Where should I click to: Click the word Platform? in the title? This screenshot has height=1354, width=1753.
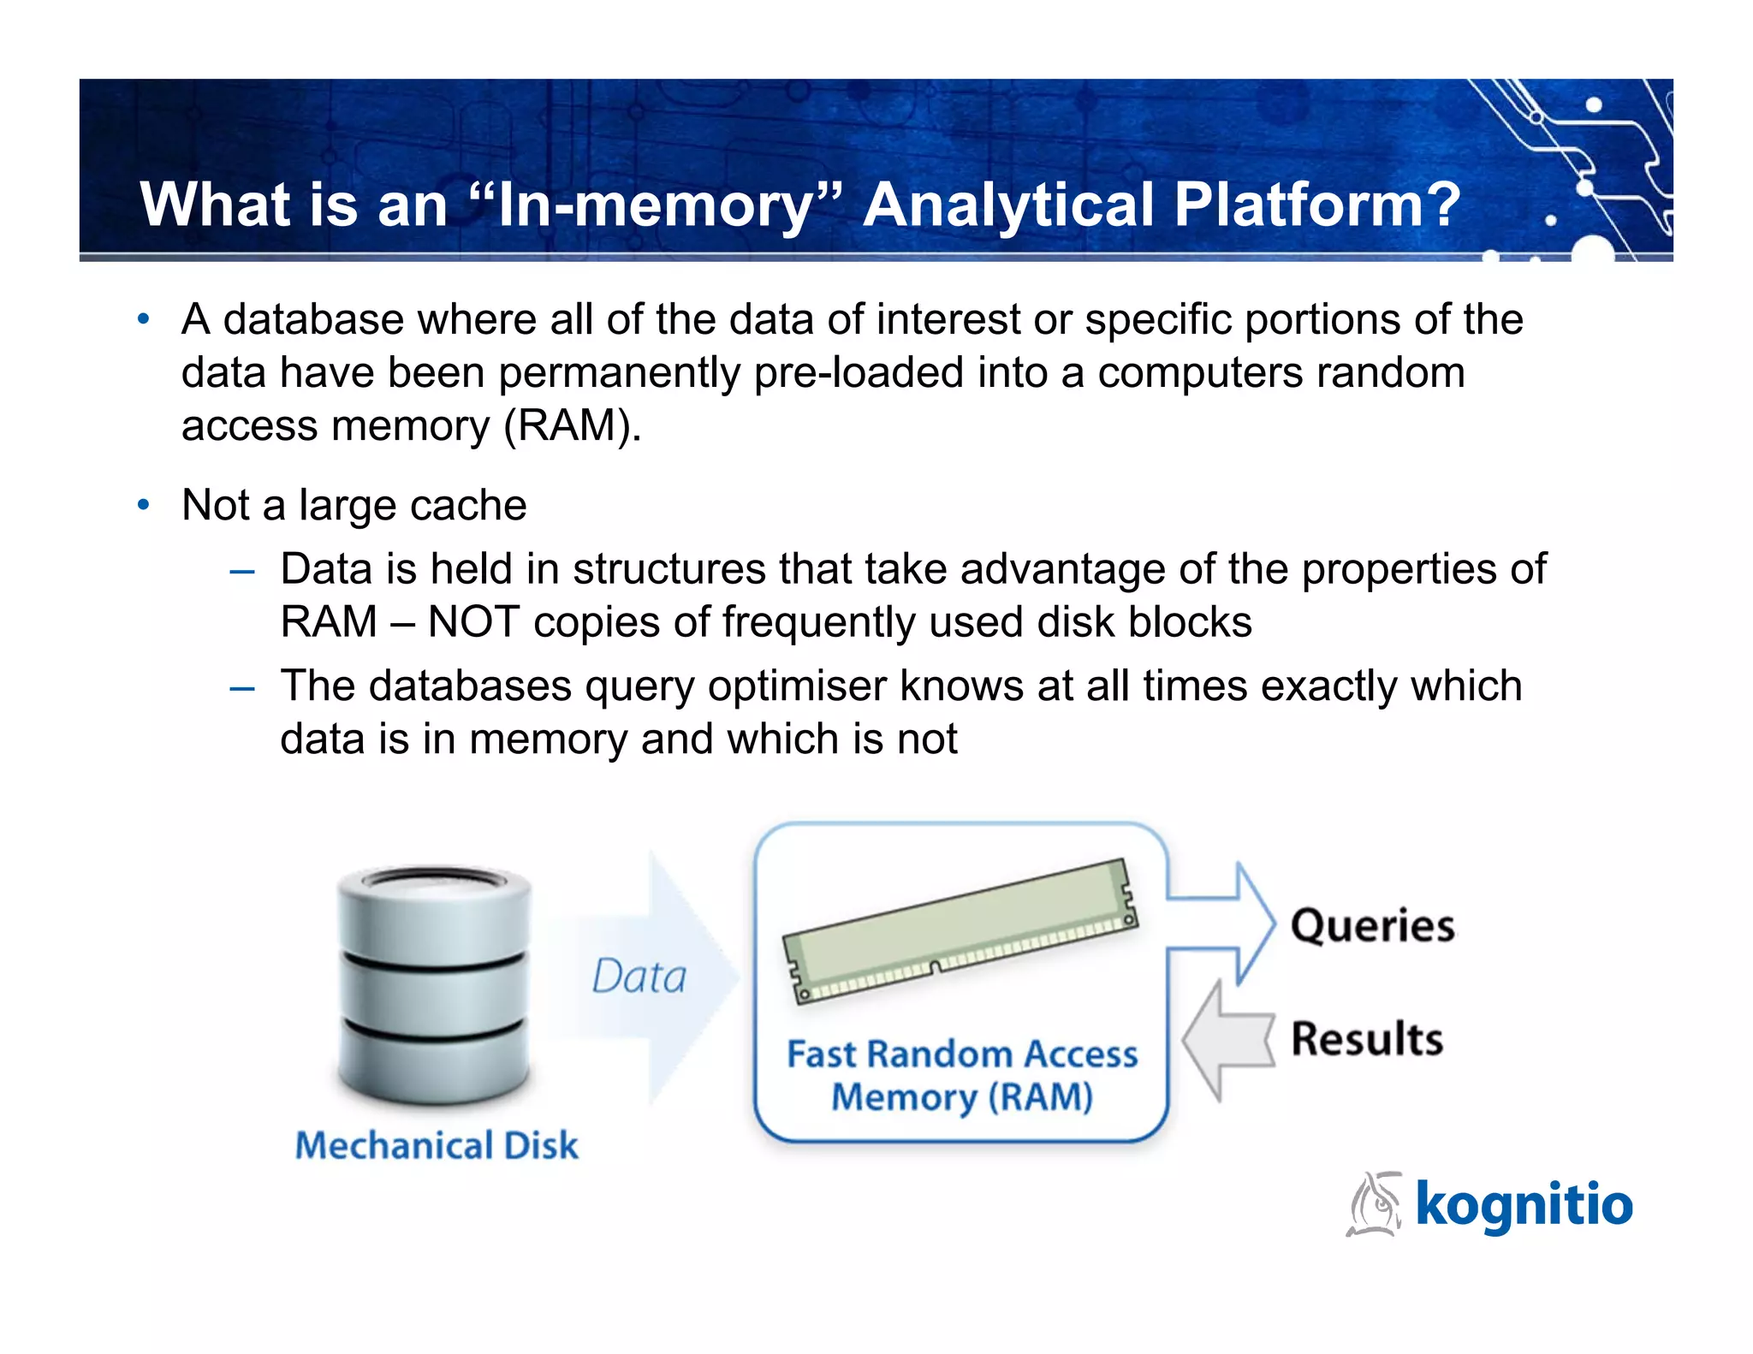click(x=1316, y=205)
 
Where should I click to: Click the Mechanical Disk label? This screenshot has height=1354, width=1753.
click(x=437, y=1145)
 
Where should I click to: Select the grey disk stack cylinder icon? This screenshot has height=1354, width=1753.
click(x=434, y=984)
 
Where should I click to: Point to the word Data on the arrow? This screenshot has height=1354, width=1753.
click(x=639, y=977)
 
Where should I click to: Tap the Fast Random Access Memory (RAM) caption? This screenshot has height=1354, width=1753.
click(x=962, y=1075)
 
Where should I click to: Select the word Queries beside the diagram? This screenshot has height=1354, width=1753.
click(x=1372, y=926)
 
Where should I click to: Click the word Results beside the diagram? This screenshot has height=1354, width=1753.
click(x=1367, y=1039)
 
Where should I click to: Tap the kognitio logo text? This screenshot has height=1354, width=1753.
click(x=1524, y=1204)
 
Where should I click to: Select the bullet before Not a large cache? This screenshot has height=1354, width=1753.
click(x=144, y=505)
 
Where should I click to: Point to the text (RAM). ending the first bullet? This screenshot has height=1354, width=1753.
click(x=572, y=425)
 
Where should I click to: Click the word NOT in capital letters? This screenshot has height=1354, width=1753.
click(x=473, y=621)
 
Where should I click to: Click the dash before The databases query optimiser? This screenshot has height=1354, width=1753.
click(x=242, y=687)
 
